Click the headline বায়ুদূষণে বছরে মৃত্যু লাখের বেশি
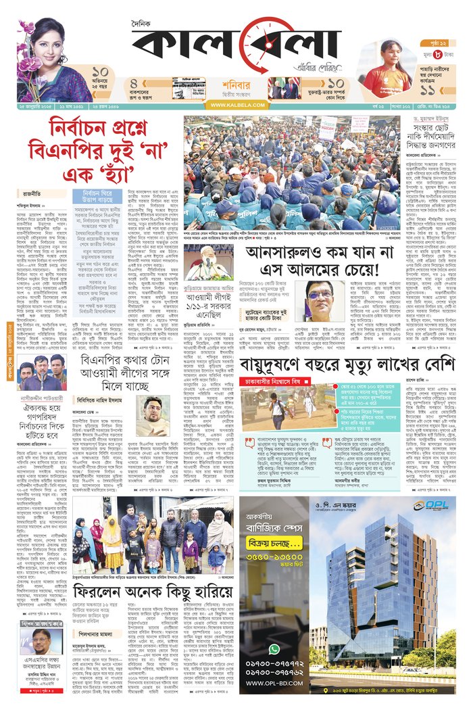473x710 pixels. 347,366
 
